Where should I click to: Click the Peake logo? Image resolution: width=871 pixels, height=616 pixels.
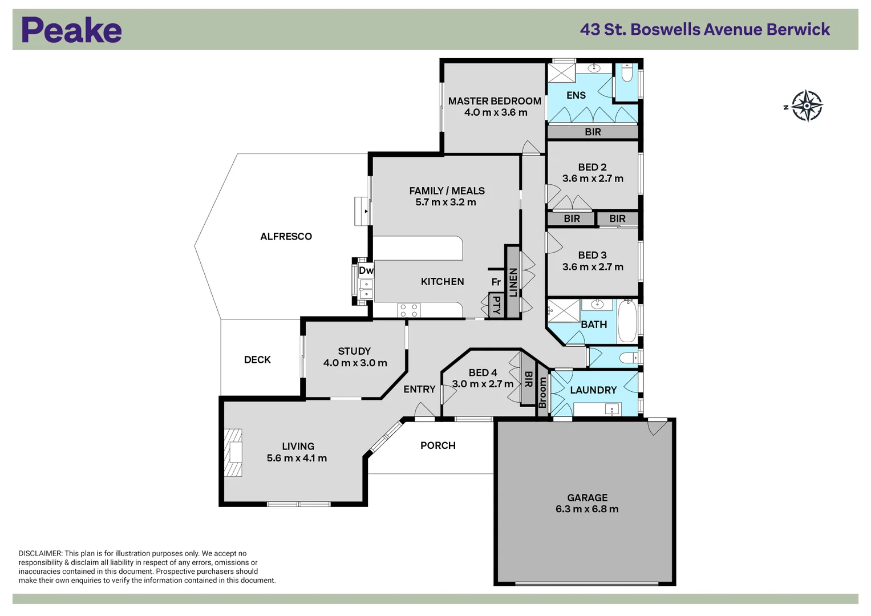coord(71,30)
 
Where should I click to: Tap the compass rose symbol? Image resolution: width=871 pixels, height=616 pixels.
coord(806,106)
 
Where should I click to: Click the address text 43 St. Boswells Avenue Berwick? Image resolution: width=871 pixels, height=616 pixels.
coord(704,30)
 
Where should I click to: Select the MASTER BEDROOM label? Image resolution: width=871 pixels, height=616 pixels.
coord(495,101)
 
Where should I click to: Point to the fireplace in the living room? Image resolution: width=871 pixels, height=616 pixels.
coord(233,452)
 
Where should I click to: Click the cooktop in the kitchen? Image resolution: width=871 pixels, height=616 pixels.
coord(409,310)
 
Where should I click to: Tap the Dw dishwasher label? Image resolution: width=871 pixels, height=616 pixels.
coord(366,270)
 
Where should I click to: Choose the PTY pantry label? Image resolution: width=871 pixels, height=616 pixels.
coord(496,305)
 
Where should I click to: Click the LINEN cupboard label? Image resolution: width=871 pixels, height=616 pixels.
coord(513,282)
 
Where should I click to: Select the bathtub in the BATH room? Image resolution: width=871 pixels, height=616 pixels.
coord(627,321)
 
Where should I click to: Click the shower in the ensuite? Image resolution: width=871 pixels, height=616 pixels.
coord(561,73)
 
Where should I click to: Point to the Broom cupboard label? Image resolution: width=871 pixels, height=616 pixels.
coord(542,392)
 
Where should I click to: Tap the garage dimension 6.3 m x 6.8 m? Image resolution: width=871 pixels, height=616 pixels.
coord(587,509)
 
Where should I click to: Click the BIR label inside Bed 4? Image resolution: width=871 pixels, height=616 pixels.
coord(528,380)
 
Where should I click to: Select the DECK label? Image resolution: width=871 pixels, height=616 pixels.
coord(257,360)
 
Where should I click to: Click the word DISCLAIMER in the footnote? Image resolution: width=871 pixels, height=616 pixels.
coord(40,553)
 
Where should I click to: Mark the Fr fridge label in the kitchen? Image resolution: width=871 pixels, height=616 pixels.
coord(496,282)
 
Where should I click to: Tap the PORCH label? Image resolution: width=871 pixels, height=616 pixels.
coord(437,445)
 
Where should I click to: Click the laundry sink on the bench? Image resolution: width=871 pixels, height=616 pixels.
coord(612,409)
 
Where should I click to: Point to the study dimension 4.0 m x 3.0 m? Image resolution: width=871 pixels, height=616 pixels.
coord(355,363)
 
